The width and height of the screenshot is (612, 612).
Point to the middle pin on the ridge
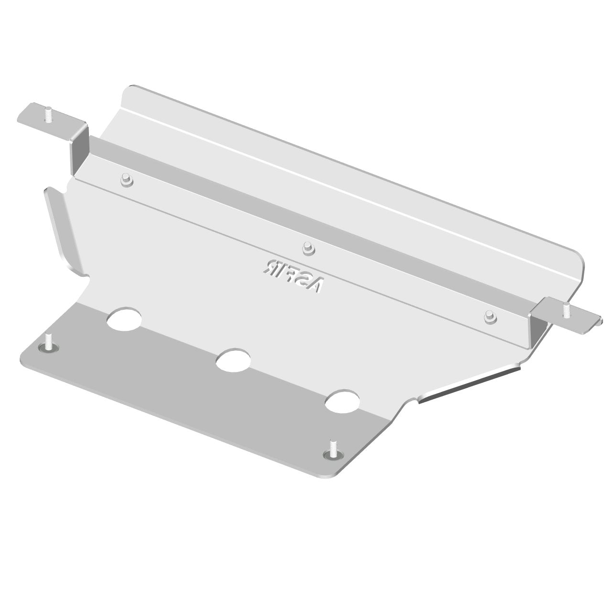tap(307, 247)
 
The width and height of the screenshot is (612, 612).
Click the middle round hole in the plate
tap(233, 361)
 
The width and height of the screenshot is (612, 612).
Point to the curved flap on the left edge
tap(60, 229)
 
